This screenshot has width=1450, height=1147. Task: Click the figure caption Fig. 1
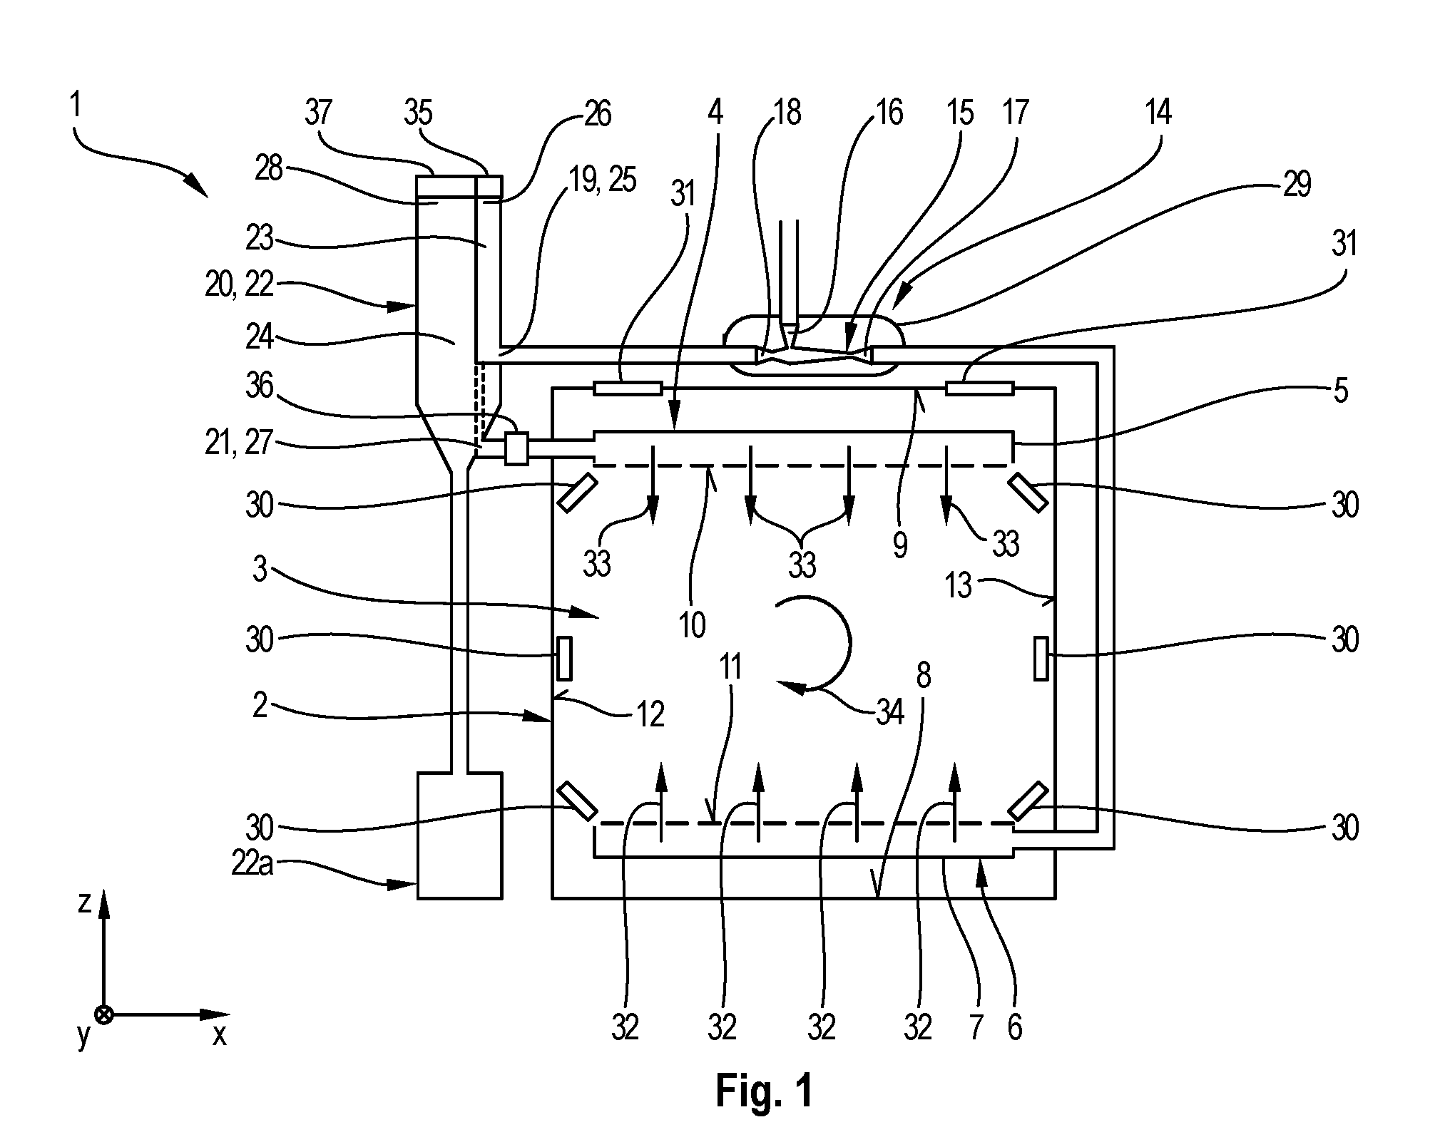pyautogui.click(x=764, y=1090)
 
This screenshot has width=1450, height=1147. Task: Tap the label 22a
pyautogui.click(x=251, y=865)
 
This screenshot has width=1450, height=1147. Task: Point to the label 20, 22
pyautogui.click(x=239, y=286)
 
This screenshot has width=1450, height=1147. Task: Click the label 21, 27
pyautogui.click(x=239, y=443)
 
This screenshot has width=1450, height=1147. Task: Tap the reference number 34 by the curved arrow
pyautogui.click(x=889, y=712)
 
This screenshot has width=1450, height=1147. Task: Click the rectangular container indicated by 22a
pyautogui.click(x=459, y=835)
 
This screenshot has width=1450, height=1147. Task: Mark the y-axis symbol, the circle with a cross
pyautogui.click(x=104, y=1014)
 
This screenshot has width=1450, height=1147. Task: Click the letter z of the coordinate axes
pyautogui.click(x=84, y=902)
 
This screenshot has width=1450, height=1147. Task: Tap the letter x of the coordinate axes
pyautogui.click(x=219, y=1034)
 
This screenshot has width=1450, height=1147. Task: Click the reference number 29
pyautogui.click(x=1296, y=185)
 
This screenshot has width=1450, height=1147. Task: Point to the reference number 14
pyautogui.click(x=1157, y=113)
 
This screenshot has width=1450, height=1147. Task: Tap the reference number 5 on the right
pyautogui.click(x=1341, y=391)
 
